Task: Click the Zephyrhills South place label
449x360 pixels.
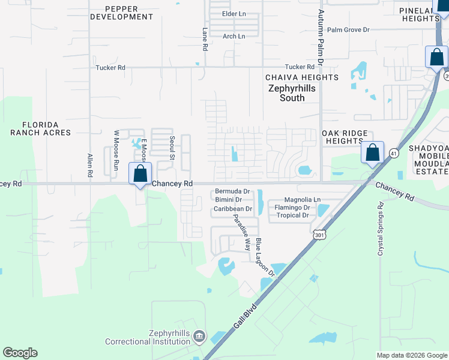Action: (292, 93)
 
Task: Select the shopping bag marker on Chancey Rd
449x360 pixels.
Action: (140, 175)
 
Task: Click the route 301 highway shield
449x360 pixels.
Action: (318, 233)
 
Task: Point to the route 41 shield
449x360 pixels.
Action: (393, 152)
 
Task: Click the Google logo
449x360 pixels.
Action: (20, 353)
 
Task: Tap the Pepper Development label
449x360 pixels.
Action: (122, 13)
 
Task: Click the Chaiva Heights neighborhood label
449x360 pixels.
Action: (302, 77)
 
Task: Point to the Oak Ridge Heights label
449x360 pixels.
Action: (348, 137)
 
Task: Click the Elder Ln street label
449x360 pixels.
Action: (234, 13)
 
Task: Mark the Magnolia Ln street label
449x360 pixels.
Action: (303, 199)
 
